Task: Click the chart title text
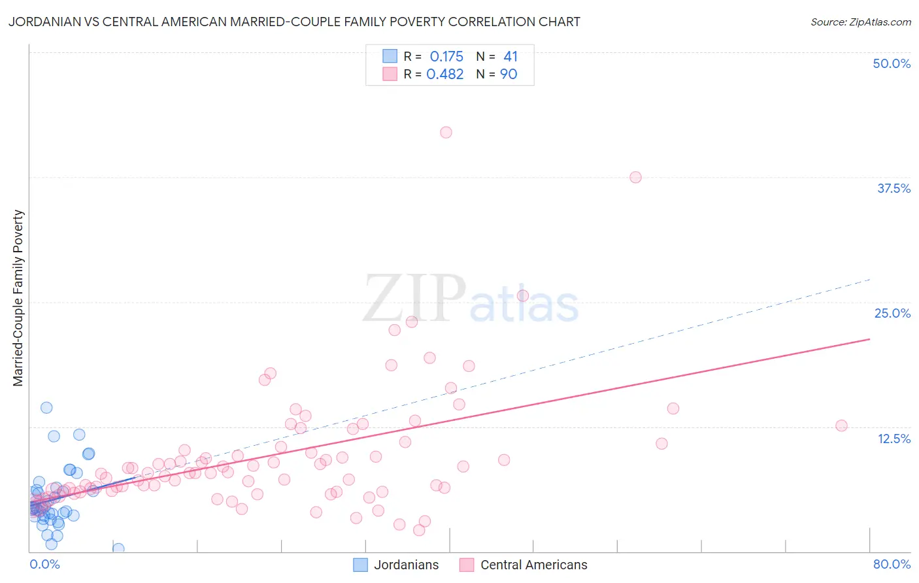[x=294, y=22]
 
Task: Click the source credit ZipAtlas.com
[x=860, y=22]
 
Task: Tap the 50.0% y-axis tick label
[x=892, y=63]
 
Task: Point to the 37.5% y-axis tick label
[x=894, y=188]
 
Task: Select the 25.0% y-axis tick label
[x=892, y=313]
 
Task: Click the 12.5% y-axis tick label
[x=894, y=439]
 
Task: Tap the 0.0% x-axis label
[x=44, y=564]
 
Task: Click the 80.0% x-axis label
[x=892, y=564]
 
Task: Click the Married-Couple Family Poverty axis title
[x=18, y=298]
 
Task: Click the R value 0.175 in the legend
[x=446, y=57]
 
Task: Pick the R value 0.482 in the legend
[x=445, y=75]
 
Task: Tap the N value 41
[x=510, y=57]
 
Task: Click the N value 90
[x=509, y=75]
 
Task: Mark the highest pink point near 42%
[x=446, y=132]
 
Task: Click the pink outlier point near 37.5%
[x=635, y=177]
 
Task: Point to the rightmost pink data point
[x=841, y=425]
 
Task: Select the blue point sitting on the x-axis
[x=118, y=548]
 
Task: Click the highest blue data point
[x=46, y=407]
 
